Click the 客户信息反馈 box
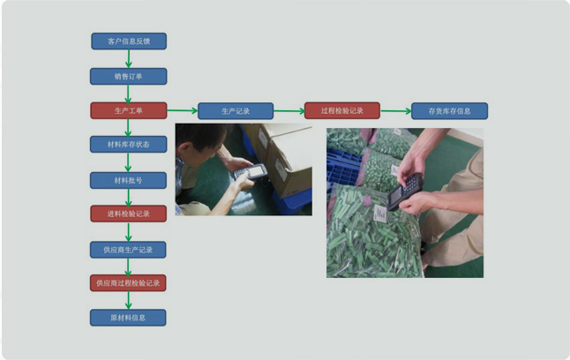tap(129, 41)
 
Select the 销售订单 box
tap(128, 77)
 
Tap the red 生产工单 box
tap(128, 110)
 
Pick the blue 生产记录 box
tap(236, 111)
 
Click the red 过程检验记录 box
tap(342, 110)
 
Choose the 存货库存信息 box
tap(449, 111)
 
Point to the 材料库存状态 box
tap(128, 145)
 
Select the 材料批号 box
tap(128, 180)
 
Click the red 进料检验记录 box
tap(128, 214)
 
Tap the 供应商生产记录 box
tap(128, 250)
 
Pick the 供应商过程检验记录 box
tap(128, 283)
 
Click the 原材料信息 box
tap(128, 318)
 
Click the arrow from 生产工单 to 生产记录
tap(182, 110)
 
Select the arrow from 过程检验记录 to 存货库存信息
tap(396, 110)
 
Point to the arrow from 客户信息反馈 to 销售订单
tap(128, 58)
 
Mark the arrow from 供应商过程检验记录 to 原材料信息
tap(128, 300)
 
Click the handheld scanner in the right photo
tap(405, 191)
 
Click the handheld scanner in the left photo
tap(250, 172)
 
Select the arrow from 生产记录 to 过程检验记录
tap(289, 111)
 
